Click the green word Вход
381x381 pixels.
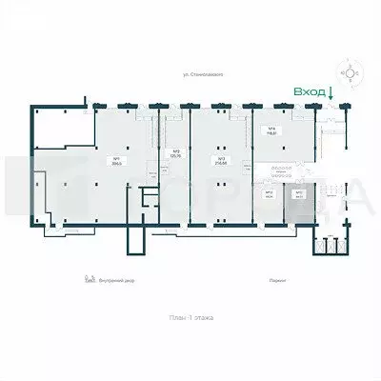(x=308, y=91)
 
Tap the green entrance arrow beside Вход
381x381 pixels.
(x=329, y=92)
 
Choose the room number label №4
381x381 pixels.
(x=271, y=129)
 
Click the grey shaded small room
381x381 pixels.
(x=298, y=196)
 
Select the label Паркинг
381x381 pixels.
(x=278, y=281)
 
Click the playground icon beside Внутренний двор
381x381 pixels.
(x=90, y=280)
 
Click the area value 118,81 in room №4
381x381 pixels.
(x=271, y=134)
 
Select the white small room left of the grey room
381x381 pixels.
(x=270, y=196)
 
